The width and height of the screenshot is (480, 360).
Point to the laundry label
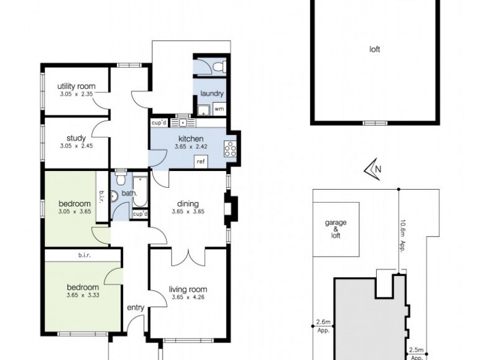[x=212, y=94]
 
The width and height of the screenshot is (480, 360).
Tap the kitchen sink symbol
[x=179, y=122]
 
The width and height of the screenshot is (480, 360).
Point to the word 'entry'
[x=136, y=308]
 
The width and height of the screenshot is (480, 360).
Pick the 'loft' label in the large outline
[x=374, y=50]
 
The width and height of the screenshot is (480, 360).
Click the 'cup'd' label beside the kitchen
[x=159, y=122]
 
